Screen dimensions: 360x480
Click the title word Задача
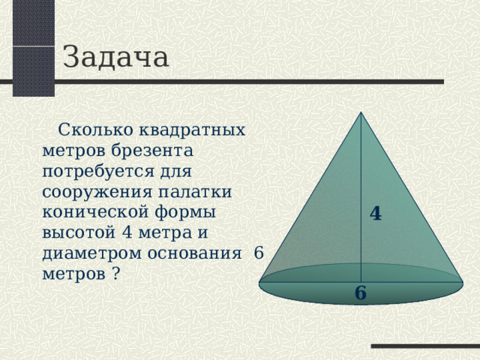[115, 57]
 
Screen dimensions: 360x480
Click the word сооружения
[87, 191]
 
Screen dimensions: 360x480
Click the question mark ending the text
[115, 273]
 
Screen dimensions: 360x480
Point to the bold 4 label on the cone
[376, 213]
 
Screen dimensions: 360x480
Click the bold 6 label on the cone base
[361, 292]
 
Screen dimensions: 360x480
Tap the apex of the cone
[361, 112]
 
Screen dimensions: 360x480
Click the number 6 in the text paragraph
[259, 253]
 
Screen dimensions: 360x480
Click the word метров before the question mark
[73, 273]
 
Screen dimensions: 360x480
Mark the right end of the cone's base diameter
[462, 283]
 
